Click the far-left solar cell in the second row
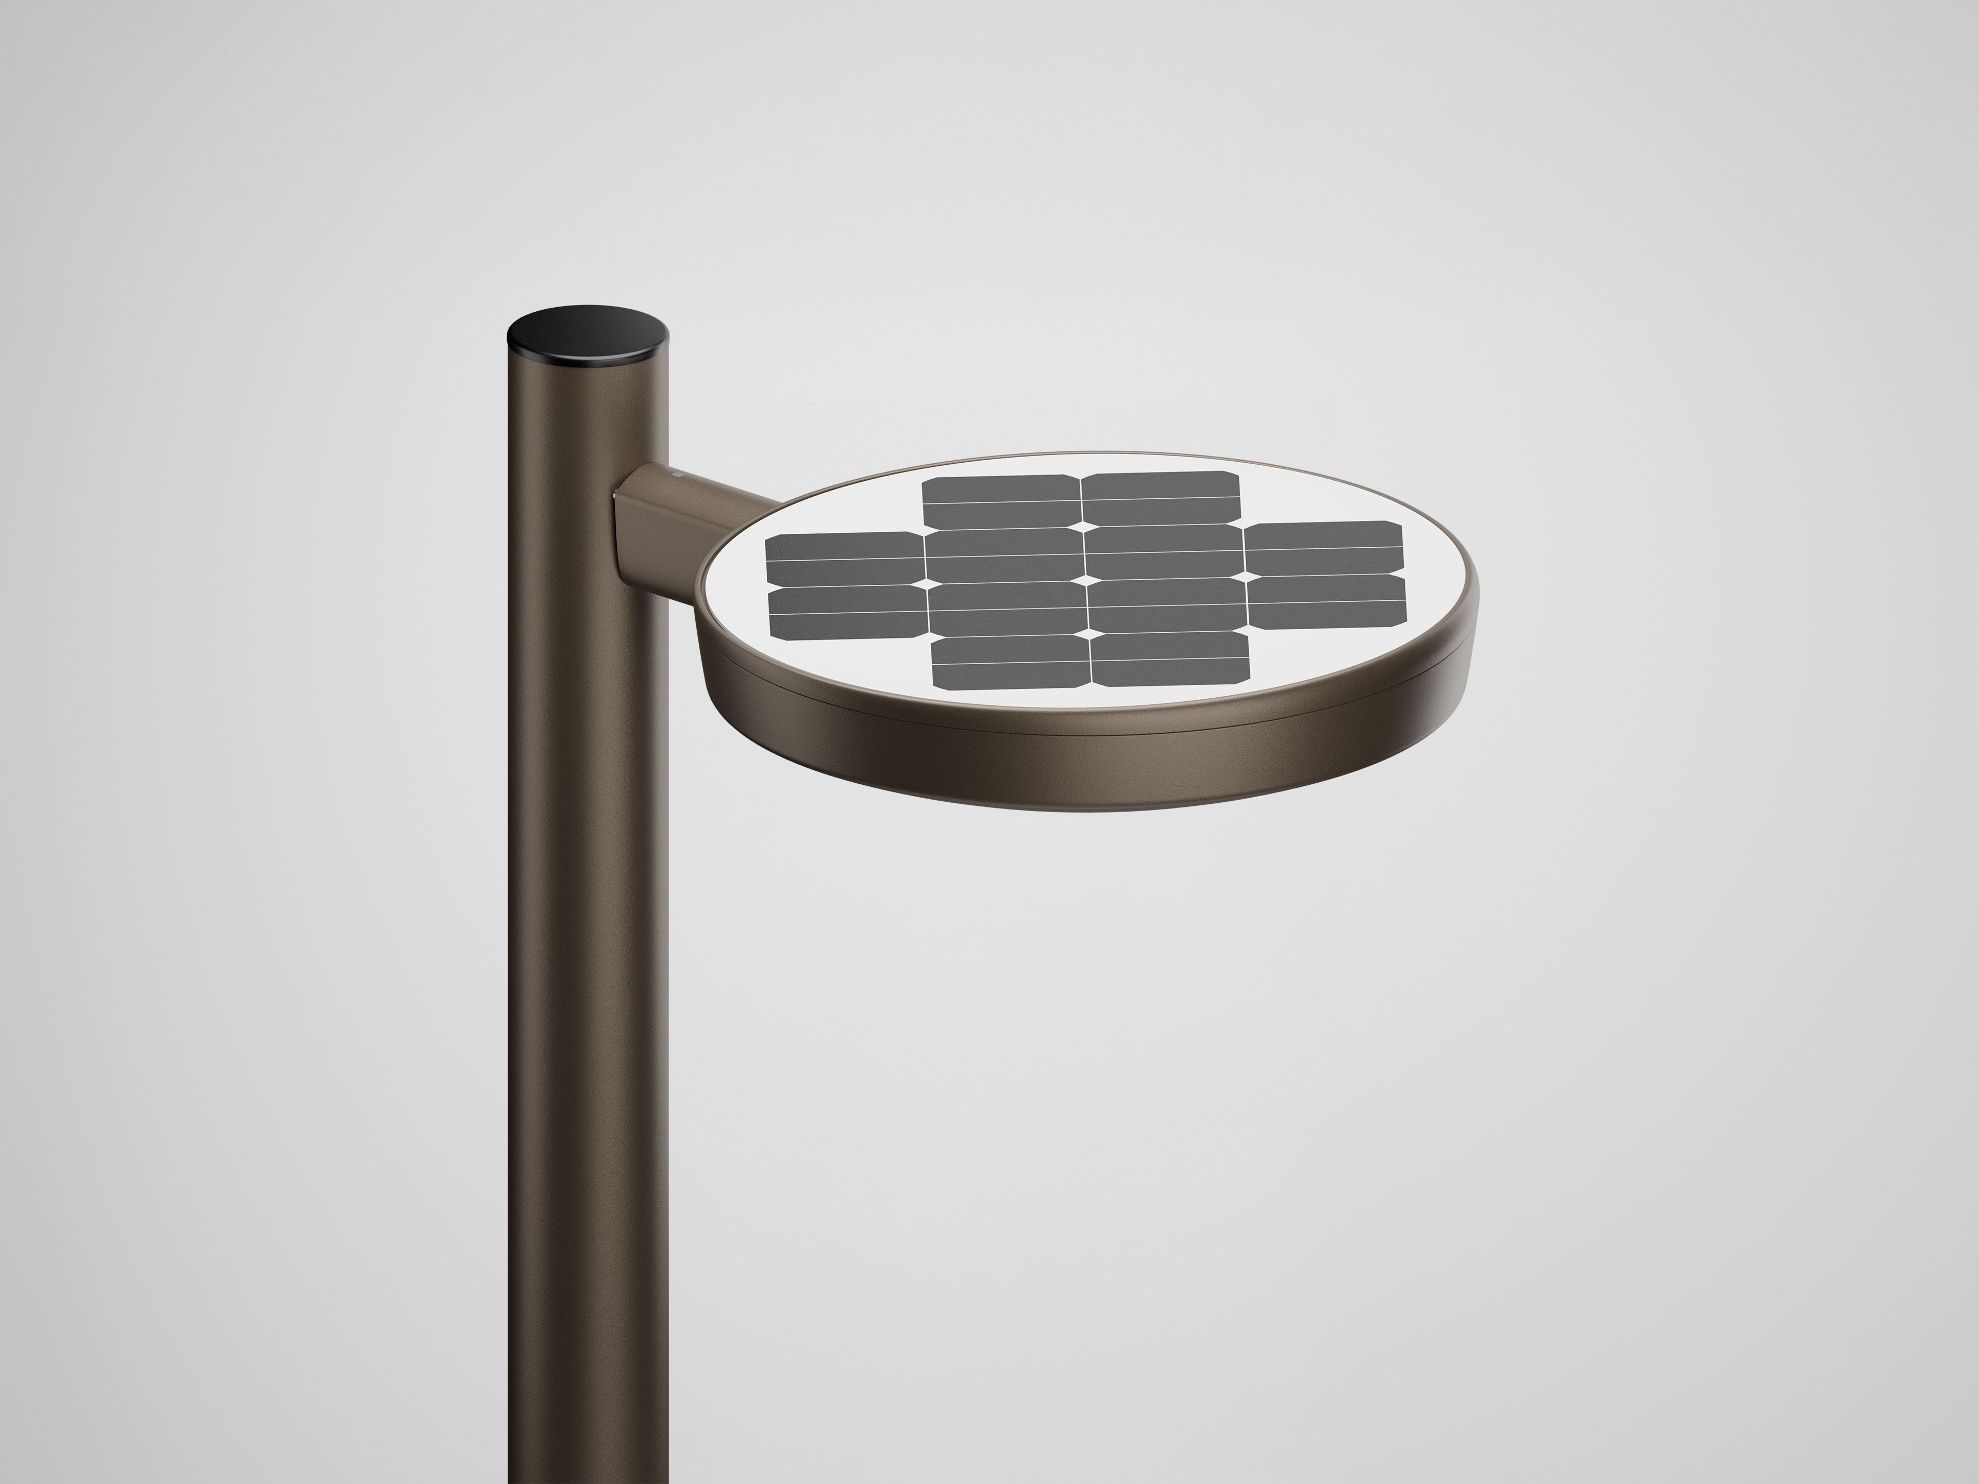[844, 558]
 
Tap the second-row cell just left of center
[1005, 554]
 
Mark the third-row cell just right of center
[1167, 605]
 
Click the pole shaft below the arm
[586, 984]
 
